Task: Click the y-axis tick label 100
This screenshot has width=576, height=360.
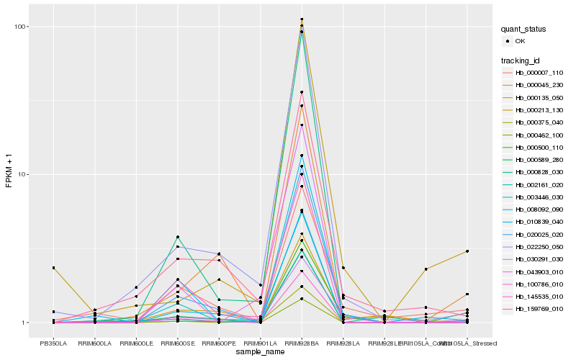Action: click(x=19, y=27)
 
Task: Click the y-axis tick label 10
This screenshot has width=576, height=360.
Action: click(x=22, y=174)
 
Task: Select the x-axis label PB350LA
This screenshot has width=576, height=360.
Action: click(x=53, y=343)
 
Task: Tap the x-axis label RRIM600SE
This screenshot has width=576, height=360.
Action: click(x=177, y=343)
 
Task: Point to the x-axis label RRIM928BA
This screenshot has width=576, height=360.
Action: click(x=302, y=343)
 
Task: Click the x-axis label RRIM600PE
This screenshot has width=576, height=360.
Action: click(x=219, y=343)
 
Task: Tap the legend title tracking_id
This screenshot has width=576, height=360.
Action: click(x=522, y=60)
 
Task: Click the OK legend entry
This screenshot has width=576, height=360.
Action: click(x=530, y=42)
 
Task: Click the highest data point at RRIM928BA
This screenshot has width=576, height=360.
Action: click(x=302, y=19)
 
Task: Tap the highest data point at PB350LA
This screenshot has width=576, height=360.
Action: click(x=53, y=268)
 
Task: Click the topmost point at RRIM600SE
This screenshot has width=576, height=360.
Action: click(x=177, y=237)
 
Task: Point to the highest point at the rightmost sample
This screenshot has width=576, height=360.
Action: click(x=467, y=251)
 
